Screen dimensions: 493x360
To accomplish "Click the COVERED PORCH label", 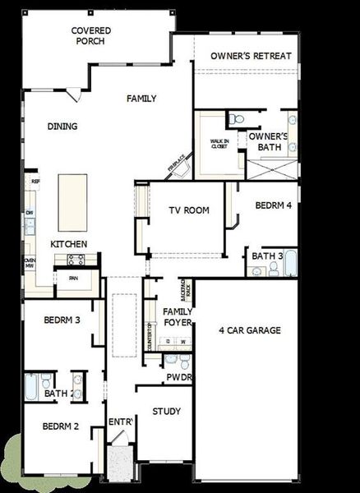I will (91, 36).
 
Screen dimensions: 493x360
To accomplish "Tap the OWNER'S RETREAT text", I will (251, 56).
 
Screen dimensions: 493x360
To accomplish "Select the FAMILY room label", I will (141, 99).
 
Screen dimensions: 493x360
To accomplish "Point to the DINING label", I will (62, 127).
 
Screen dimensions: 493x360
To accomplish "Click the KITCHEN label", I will (69, 244).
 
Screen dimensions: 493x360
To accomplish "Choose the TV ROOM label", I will (189, 210).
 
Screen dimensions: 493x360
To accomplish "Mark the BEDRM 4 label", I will (272, 205).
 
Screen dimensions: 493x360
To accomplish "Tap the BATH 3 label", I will (267, 256).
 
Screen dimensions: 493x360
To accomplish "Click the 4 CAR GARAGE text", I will (250, 330).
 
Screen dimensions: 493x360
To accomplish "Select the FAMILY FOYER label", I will (178, 317).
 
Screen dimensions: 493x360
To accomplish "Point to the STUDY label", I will (167, 411).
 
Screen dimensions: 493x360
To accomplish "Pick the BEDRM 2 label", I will (60, 426).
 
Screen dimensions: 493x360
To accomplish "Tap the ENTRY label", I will (121, 422).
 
